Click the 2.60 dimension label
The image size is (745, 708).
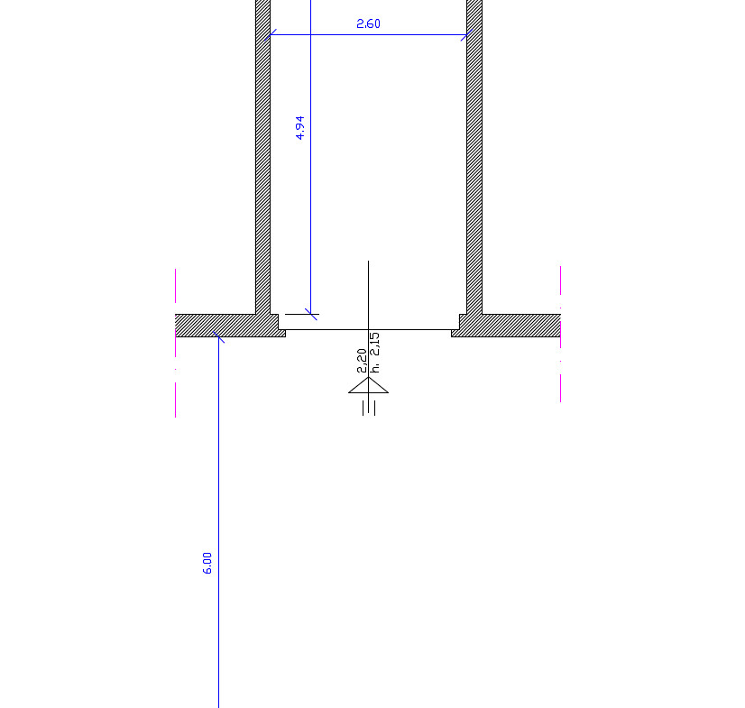(368, 23)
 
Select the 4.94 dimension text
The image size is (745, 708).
(299, 128)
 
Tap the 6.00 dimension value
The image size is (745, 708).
(207, 563)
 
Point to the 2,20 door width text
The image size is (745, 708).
(362, 361)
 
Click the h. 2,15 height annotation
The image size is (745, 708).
(374, 353)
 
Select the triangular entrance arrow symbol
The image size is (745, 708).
(368, 385)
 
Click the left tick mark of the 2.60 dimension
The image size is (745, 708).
(271, 34)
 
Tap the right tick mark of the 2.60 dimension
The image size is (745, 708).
(466, 34)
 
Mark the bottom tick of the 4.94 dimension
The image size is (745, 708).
(311, 314)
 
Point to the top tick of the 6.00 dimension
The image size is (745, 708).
(218, 337)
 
